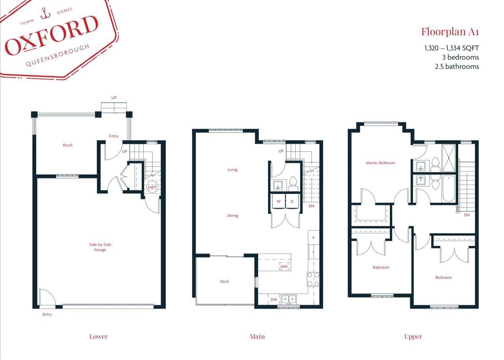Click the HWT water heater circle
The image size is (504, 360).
point(152,188)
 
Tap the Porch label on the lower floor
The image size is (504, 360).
point(68,145)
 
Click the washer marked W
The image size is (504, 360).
point(279,201)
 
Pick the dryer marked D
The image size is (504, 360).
point(292,201)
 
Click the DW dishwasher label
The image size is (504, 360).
point(274,300)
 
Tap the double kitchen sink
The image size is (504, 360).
point(289,299)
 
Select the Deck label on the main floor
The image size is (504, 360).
point(224,281)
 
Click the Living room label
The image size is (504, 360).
point(233,170)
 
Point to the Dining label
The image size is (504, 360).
point(233,216)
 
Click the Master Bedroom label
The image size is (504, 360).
point(380,163)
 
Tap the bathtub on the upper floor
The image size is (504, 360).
point(449,188)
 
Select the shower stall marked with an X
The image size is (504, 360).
point(448,158)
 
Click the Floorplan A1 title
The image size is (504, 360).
point(450,31)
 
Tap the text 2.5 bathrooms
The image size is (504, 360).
point(457,66)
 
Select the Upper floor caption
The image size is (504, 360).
point(413,336)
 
